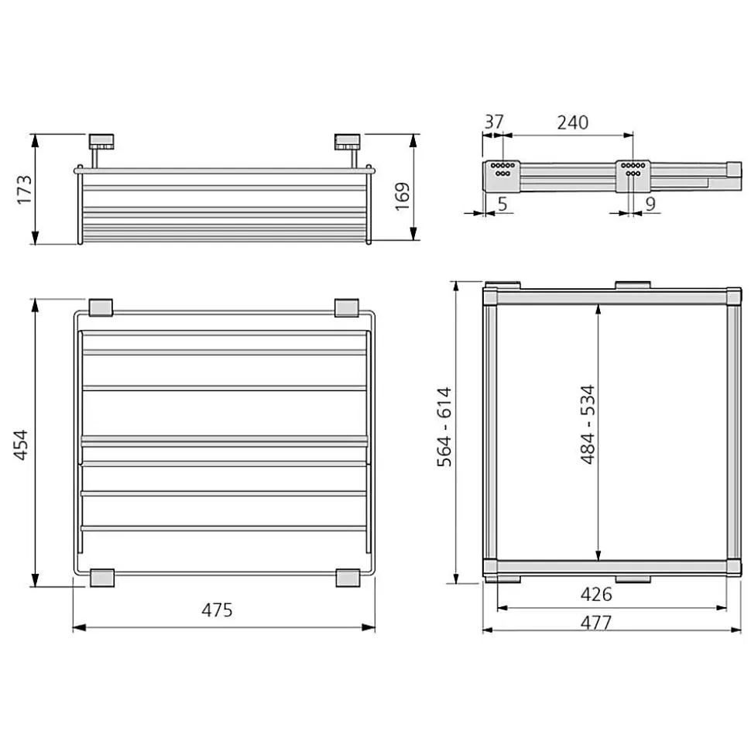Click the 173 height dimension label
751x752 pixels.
25,190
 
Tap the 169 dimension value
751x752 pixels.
403,196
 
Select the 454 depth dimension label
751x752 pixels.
21,445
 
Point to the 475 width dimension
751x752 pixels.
217,609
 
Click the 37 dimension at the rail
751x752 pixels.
494,122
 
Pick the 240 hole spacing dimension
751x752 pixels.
573,123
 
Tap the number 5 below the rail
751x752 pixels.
502,204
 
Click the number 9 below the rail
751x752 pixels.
650,204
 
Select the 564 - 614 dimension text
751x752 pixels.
444,427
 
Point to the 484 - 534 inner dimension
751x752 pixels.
588,424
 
